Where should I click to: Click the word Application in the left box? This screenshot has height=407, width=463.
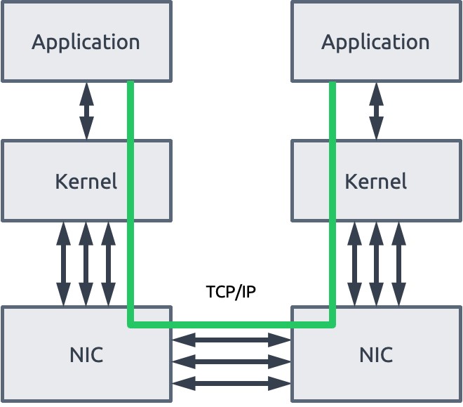tap(86, 43)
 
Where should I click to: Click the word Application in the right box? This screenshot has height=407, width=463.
tap(375, 43)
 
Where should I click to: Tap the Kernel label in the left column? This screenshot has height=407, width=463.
tap(86, 181)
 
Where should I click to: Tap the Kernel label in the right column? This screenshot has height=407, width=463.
tap(375, 181)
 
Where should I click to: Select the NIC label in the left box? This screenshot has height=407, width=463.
tap(86, 355)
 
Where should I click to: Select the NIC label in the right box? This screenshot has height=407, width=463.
tap(376, 355)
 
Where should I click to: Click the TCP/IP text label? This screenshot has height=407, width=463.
tap(231, 292)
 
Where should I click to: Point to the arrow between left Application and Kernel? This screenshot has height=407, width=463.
tap(86, 111)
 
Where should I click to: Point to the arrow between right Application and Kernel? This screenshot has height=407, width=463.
tap(376, 111)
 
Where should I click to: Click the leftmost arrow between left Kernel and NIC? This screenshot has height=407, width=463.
tap(63, 264)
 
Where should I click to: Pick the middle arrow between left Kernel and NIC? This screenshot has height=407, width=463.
tap(86, 264)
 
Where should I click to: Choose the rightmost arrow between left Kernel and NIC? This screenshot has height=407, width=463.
tap(108, 264)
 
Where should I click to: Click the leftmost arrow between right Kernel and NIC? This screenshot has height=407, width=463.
tap(354, 264)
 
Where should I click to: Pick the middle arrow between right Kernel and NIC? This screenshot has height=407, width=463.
tap(376, 264)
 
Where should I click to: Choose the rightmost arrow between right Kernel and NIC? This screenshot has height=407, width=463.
tap(398, 264)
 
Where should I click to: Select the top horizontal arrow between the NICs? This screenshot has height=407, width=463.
tap(231, 340)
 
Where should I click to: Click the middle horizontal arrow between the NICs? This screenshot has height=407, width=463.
tap(231, 362)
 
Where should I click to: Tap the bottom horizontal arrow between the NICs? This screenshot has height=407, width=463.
tap(231, 383)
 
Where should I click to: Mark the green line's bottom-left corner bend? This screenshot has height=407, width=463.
tap(130, 325)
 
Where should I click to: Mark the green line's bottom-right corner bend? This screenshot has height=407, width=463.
tap(333, 325)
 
